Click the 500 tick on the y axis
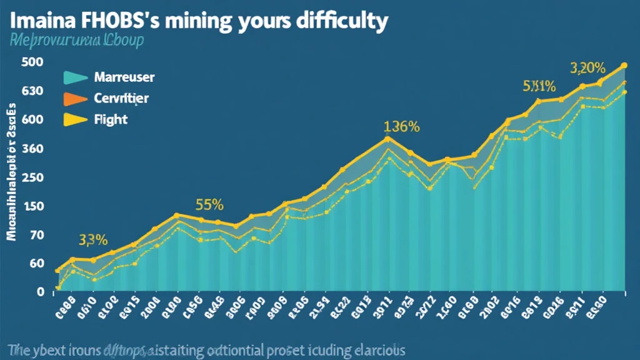pos(31,62)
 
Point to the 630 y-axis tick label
pos(31,91)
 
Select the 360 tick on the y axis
pos(31,149)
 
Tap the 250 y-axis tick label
pos(31,177)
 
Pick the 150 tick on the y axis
pos(31,206)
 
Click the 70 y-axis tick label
pos(33,235)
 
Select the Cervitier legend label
pos(121,98)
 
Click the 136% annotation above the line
pos(401,126)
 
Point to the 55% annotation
pos(209,204)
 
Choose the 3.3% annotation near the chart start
pos(93,239)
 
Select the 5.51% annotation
pos(539,87)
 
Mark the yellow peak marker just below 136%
pos(387,139)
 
